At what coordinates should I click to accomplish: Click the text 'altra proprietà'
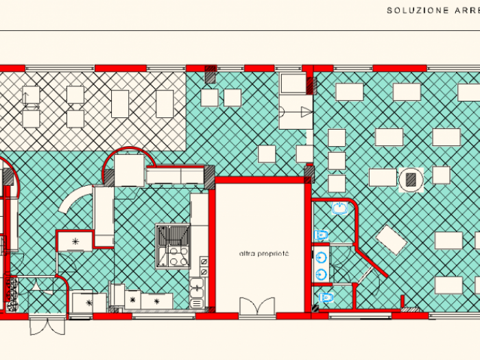tap(264, 254)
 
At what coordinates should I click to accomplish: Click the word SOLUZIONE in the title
tap(410, 10)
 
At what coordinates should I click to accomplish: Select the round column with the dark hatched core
tap(411, 180)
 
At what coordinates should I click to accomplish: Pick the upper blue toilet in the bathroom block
tap(319, 235)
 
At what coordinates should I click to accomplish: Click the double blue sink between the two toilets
tap(321, 265)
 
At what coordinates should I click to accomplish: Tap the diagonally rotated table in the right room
tap(392, 240)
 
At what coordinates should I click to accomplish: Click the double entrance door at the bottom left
tap(47, 324)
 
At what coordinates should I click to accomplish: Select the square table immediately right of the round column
tap(441, 175)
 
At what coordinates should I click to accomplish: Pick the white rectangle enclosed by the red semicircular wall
tap(130, 170)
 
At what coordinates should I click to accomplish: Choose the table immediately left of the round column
tap(383, 177)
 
